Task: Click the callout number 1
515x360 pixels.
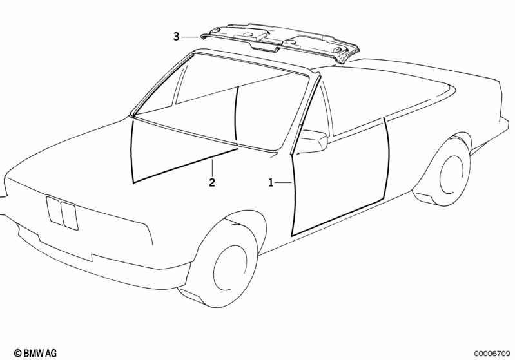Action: point(271,183)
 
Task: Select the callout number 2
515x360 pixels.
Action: point(211,183)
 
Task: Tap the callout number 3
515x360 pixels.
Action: point(176,37)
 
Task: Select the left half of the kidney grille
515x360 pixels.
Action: point(54,211)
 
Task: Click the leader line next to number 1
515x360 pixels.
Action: point(284,183)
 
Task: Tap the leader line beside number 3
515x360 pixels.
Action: point(191,37)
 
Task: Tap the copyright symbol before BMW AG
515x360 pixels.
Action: point(17,353)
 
